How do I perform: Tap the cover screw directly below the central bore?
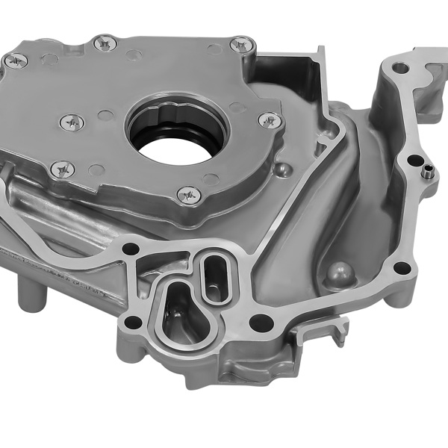(x=189, y=195)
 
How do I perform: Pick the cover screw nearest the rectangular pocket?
(x=240, y=45)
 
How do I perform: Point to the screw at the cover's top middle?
(x=105, y=44)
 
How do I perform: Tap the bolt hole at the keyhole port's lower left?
(x=134, y=323)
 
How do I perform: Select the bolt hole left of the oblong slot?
(x=131, y=248)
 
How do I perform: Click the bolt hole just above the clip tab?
(x=402, y=268)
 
